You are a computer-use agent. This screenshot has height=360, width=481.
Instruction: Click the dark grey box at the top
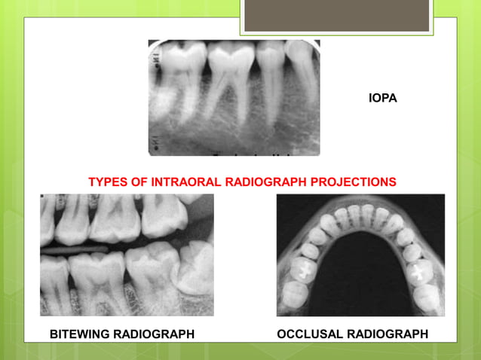[336, 15]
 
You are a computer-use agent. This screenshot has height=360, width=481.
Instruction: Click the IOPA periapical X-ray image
[234, 98]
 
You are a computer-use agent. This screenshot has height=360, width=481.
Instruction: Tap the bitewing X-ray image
[127, 255]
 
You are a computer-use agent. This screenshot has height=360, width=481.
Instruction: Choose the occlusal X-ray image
[360, 255]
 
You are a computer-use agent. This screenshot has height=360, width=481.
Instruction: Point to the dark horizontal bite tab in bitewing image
[75, 246]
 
